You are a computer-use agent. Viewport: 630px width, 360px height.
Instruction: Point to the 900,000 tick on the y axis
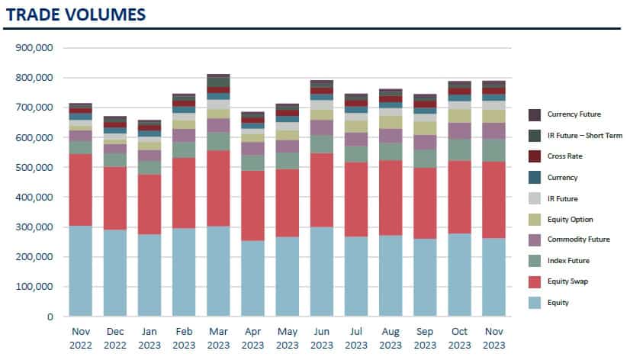coord(34,47)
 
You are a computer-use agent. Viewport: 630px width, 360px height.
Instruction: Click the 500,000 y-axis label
coord(34,167)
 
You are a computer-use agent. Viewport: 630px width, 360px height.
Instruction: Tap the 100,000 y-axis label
coord(34,287)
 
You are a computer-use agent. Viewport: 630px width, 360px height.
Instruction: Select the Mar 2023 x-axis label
coord(218,339)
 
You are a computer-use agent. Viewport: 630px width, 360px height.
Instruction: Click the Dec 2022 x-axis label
coord(115,339)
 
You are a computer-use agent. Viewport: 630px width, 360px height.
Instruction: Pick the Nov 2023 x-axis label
coord(493,339)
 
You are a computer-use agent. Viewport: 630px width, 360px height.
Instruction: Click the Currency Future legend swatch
coord(535,114)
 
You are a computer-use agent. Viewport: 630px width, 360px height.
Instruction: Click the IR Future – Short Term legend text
coord(585,135)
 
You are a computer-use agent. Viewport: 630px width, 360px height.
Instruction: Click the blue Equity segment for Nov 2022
coord(81,271)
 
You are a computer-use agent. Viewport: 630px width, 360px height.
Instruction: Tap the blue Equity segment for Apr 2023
coord(252,278)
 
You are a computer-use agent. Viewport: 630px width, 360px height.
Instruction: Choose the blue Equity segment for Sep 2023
coord(425,277)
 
